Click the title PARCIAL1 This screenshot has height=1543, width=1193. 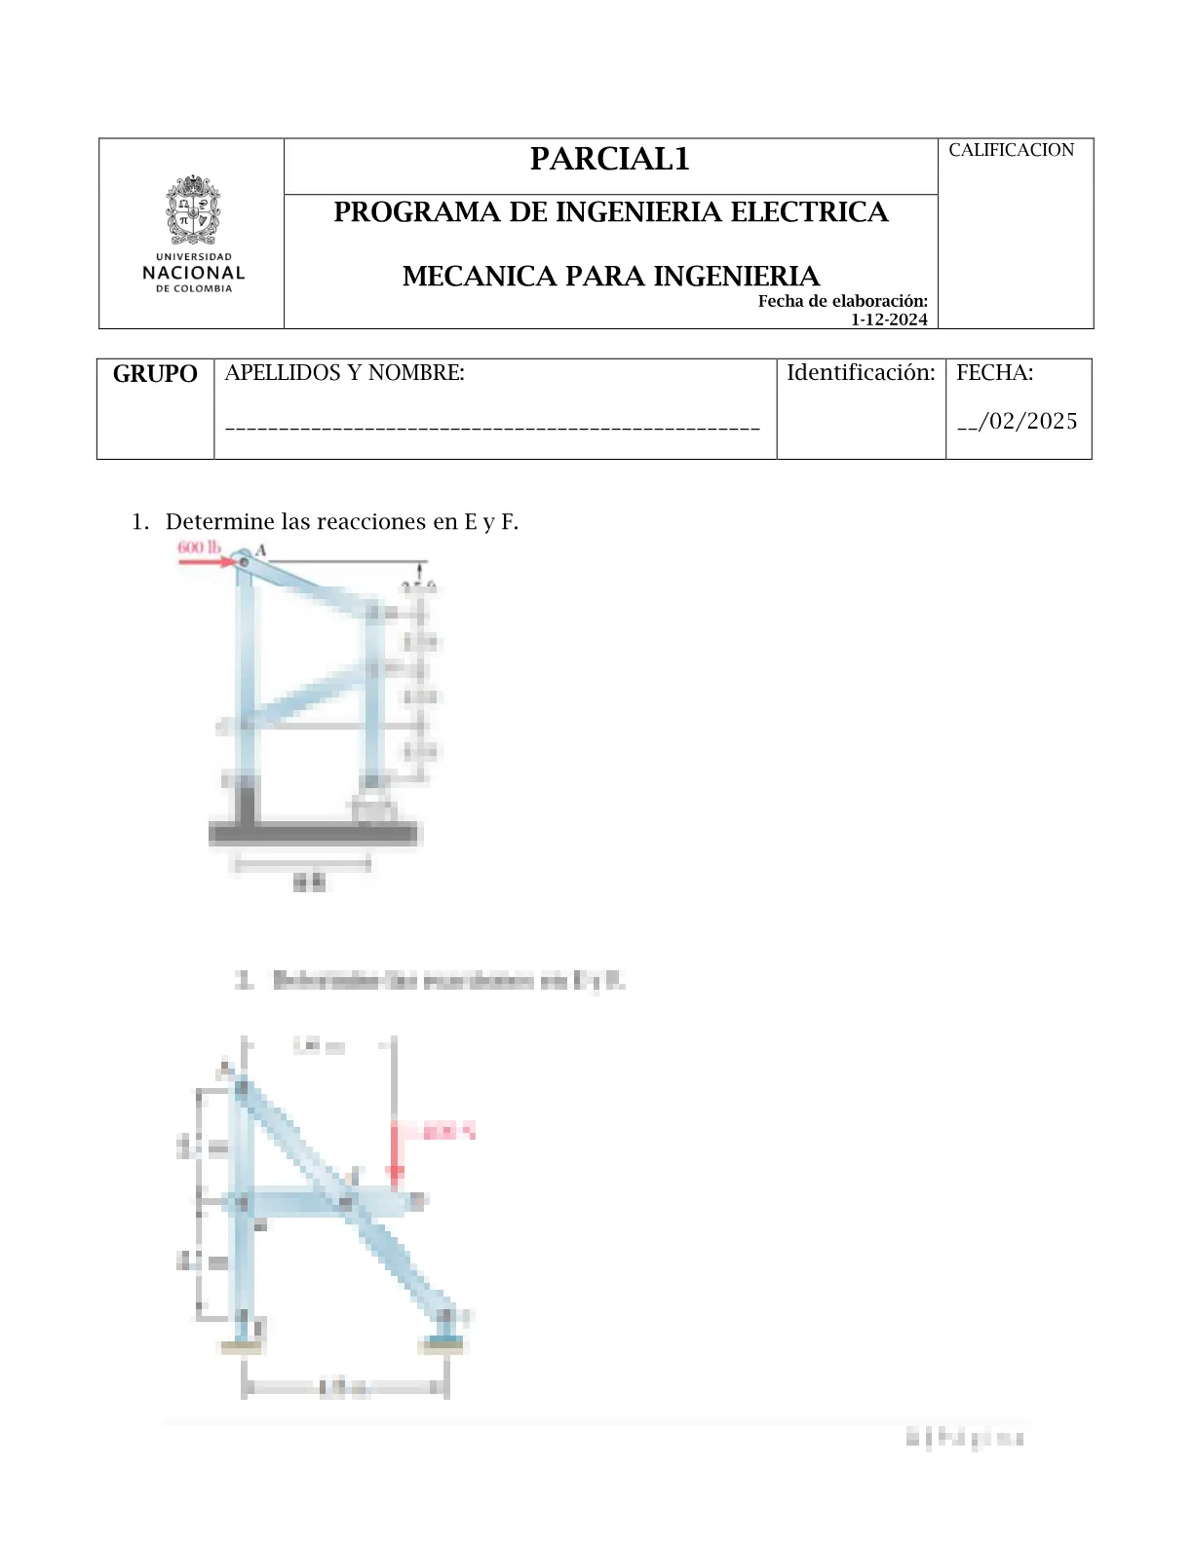(x=609, y=160)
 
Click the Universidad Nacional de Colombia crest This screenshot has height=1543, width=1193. (x=193, y=209)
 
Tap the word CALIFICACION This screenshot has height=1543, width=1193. (x=1011, y=150)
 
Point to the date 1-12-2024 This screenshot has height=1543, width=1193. (x=889, y=320)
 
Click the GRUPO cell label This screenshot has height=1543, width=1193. (x=155, y=374)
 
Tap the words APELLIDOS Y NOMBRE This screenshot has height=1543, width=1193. (x=344, y=373)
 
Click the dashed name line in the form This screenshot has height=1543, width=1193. (x=492, y=428)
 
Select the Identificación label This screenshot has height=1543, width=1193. (x=861, y=373)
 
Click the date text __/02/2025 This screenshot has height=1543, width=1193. (x=1017, y=422)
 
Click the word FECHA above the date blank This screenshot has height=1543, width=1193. (x=994, y=373)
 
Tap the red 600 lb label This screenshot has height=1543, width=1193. (x=199, y=546)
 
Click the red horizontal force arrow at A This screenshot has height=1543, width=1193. (x=205, y=562)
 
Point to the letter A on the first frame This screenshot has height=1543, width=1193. (x=260, y=550)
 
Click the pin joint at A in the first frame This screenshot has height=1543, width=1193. (x=244, y=562)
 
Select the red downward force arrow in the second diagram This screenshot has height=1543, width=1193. (x=395, y=1155)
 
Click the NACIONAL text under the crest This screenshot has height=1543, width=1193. (x=193, y=274)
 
